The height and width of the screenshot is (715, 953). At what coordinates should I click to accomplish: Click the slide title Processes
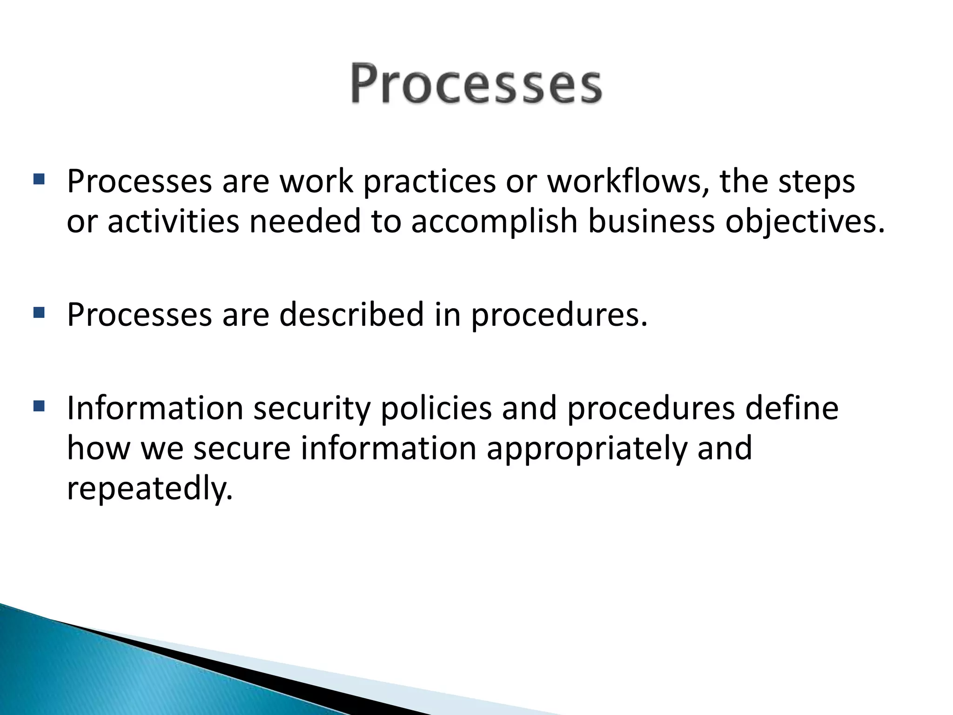[x=476, y=84]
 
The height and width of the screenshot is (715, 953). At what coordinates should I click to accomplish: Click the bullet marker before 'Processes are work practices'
[x=39, y=179]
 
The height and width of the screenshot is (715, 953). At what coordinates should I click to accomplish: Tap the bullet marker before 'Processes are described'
[x=39, y=312]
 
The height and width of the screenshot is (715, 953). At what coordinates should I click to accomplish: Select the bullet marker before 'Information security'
[x=39, y=406]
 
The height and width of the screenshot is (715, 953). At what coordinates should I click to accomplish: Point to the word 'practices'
[x=429, y=182]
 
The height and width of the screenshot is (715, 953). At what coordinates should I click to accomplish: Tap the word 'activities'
[x=173, y=221]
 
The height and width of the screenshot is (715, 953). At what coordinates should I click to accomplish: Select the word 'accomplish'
[x=494, y=222]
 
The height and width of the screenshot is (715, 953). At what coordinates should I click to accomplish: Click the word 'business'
[x=651, y=221]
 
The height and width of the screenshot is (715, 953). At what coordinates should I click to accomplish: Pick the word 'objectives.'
[x=805, y=222]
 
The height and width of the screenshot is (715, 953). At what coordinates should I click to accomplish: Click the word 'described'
[x=351, y=315]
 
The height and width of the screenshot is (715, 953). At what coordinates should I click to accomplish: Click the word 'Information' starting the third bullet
[x=155, y=408]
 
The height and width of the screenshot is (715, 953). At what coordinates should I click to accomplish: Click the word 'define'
[x=792, y=408]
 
